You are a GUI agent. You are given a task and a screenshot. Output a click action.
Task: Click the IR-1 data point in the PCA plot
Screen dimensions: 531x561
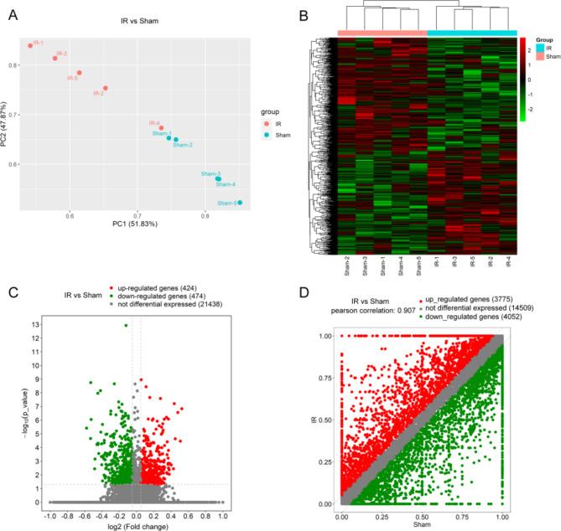point(30,46)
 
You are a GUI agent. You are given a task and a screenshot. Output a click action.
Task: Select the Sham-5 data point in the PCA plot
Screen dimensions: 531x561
point(240,203)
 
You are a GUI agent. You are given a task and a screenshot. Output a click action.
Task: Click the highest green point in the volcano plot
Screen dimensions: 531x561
point(126,326)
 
